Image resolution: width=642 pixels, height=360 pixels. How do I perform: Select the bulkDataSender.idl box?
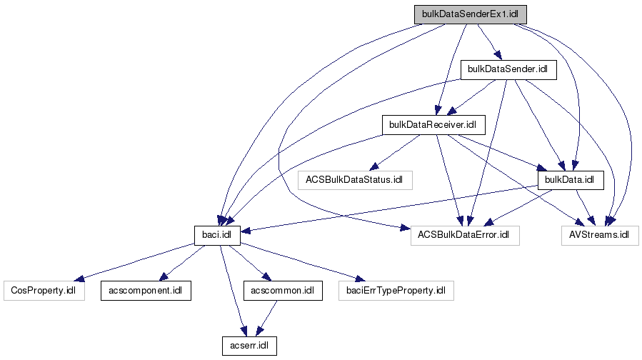tap(507, 69)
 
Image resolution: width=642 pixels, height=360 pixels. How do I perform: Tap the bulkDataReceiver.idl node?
tap(433, 124)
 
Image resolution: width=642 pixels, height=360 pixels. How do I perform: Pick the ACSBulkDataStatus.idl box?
tap(355, 179)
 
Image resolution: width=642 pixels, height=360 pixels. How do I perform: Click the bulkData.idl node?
tap(570, 179)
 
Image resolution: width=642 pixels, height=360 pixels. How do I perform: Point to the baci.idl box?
tap(217, 234)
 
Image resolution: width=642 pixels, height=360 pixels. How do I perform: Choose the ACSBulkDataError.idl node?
tap(464, 234)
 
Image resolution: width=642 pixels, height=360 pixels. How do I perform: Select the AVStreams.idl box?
tap(599, 234)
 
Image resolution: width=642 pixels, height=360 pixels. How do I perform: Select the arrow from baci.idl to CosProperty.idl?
tap(136, 261)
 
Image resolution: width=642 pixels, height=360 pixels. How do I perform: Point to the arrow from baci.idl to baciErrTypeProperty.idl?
tap(300, 261)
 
